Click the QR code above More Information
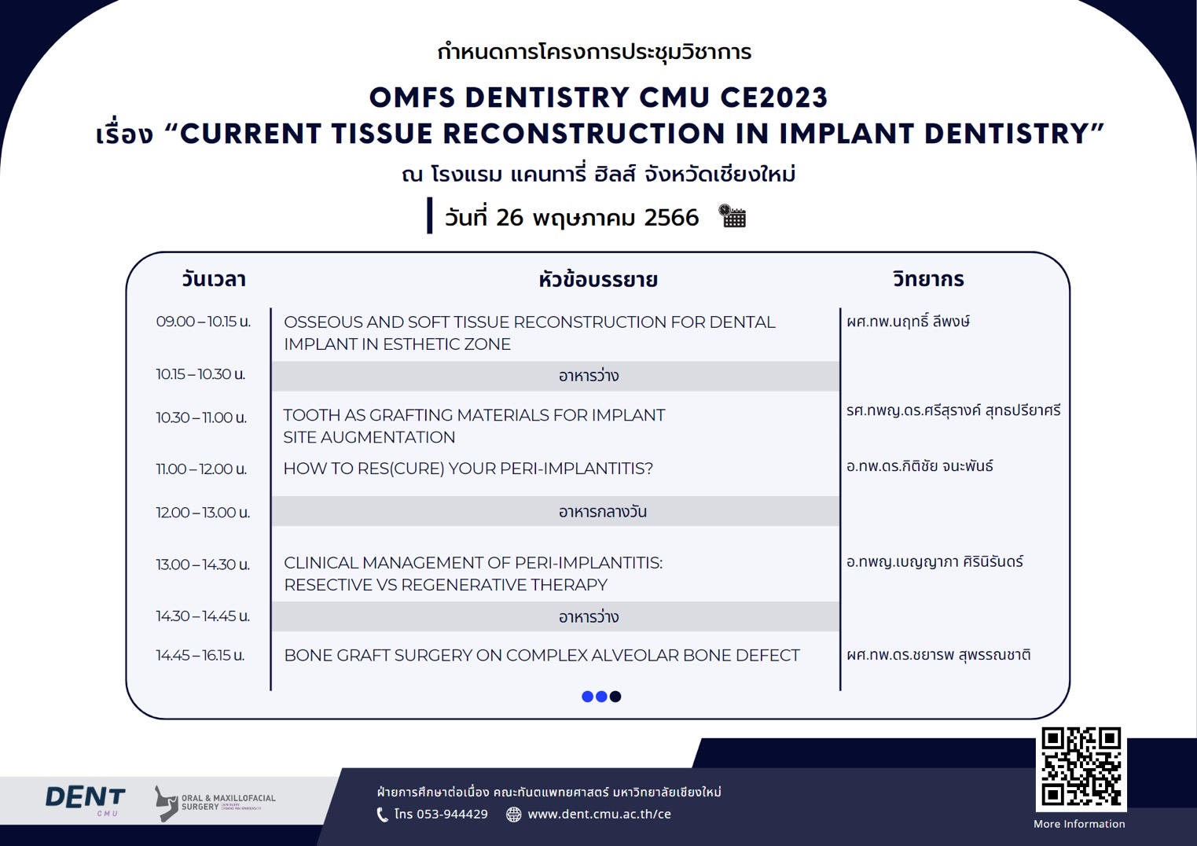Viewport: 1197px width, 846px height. tap(1081, 767)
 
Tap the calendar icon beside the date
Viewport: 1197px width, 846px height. tap(732, 216)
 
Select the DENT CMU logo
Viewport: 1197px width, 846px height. tap(86, 800)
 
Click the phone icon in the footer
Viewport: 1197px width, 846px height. tap(383, 815)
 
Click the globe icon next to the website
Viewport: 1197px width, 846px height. tap(513, 815)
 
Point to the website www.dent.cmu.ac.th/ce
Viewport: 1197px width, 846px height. tap(599, 814)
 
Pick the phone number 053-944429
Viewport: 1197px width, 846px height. tap(452, 814)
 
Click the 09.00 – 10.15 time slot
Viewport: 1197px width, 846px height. tap(203, 322)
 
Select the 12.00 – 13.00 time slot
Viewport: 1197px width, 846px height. tap(203, 513)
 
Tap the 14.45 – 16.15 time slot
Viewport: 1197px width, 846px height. tap(200, 655)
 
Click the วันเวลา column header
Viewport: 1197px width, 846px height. tap(214, 279)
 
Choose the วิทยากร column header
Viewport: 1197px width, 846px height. tap(928, 279)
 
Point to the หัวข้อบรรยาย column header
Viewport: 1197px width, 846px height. tap(598, 279)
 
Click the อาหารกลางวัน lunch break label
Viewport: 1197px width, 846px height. tap(603, 511)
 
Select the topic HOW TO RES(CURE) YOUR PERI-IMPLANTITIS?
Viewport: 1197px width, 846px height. tap(468, 469)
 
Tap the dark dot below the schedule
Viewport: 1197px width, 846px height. tap(615, 697)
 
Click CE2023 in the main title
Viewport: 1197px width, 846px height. tap(774, 97)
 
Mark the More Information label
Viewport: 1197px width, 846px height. tap(1079, 824)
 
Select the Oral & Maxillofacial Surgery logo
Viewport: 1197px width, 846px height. tap(215, 803)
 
